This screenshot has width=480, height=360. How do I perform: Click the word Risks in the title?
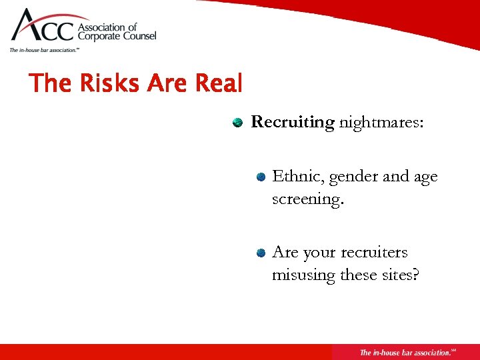pos(99,84)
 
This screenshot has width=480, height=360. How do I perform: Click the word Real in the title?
pos(218,84)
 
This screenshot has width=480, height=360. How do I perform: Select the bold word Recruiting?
pos(292,122)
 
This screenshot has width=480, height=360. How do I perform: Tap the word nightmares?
pos(380,122)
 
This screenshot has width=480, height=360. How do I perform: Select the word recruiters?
pos(373,253)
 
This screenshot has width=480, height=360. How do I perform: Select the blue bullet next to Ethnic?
pos(262,177)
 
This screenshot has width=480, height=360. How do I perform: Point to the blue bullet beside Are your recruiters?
pos(262,253)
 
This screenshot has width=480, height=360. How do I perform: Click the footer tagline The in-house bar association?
pos(405,352)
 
